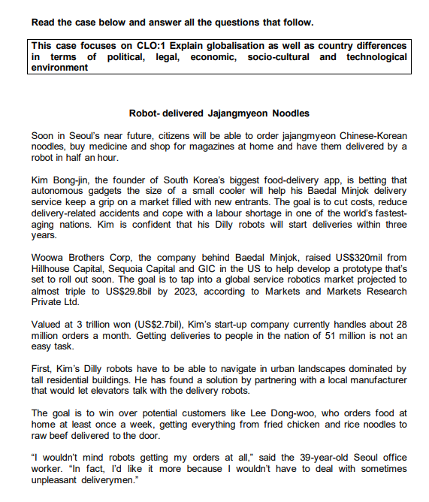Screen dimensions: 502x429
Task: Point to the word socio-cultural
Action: tap(281, 56)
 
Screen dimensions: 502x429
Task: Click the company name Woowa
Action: tap(48, 258)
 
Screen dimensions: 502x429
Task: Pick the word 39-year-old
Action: tap(313, 458)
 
